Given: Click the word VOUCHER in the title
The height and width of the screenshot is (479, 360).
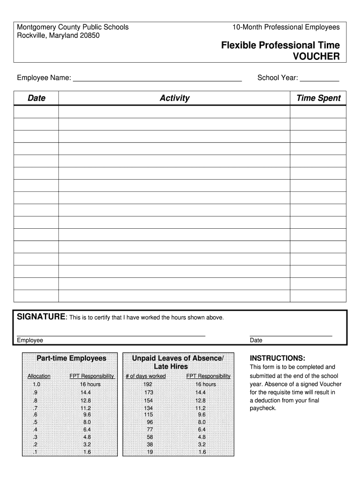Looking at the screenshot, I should click(316, 57).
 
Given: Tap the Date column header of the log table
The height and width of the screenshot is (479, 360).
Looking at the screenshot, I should click(36, 98).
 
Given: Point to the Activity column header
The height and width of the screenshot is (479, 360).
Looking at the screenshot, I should click(174, 98).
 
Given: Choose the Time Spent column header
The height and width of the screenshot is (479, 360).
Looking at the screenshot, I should click(318, 98).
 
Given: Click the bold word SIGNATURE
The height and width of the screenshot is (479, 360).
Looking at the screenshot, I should click(41, 317).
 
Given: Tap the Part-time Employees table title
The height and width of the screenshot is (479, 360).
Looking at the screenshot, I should click(72, 358).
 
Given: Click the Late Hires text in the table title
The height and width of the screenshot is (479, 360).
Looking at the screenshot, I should click(171, 367).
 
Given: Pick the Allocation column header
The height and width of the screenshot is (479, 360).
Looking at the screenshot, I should click(39, 376).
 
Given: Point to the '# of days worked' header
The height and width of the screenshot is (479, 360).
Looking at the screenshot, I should click(145, 376).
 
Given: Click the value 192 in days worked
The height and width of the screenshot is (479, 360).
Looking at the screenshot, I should click(148, 384).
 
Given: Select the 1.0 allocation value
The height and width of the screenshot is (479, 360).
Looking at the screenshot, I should click(36, 384).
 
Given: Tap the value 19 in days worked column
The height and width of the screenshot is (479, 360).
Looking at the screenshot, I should click(149, 452).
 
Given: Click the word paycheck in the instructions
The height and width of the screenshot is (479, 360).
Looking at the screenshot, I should click(263, 408).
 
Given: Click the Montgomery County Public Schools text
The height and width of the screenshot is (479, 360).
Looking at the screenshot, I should click(72, 27).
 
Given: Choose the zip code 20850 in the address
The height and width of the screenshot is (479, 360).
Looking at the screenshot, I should click(89, 36).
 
